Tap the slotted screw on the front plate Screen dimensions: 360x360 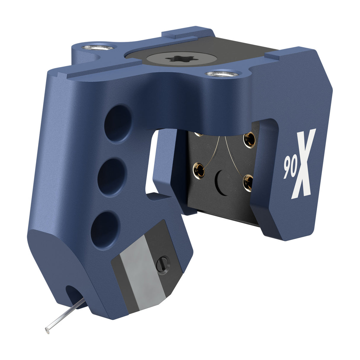[x=163, y=265]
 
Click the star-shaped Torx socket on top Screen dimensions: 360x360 [x=182, y=59]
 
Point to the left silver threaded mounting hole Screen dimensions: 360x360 [x=98, y=47]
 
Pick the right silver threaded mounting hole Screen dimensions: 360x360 [x=222, y=74]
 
